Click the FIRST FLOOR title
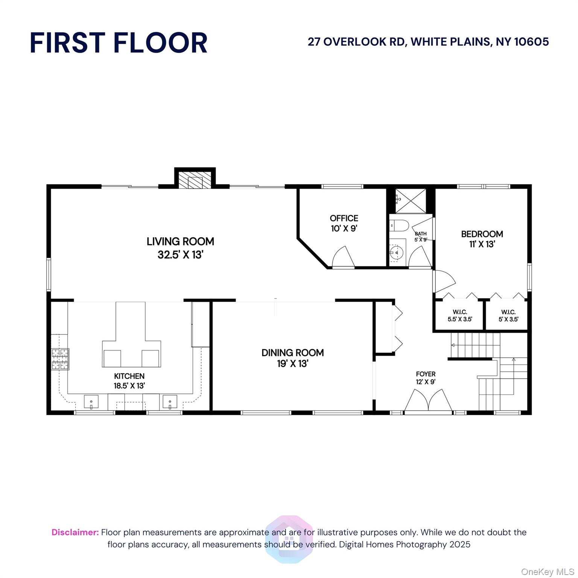point(119,43)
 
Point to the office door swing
point(344,257)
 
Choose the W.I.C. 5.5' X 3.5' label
point(460,316)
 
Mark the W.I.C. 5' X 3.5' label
point(508,316)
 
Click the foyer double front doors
point(428,401)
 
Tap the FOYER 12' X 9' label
point(426,378)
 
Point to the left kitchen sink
point(91,402)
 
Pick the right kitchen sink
point(170,402)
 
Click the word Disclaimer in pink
point(75,532)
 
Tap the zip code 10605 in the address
point(532,41)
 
